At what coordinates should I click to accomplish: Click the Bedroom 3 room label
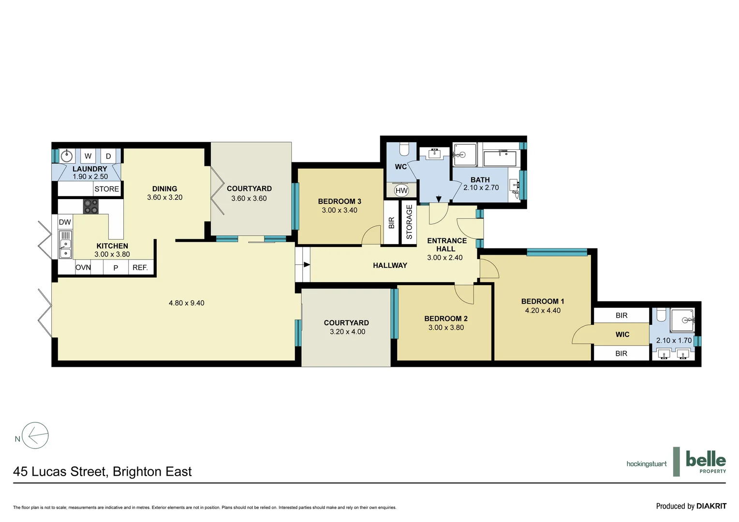point(340,202)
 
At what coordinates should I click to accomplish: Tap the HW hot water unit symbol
point(401,190)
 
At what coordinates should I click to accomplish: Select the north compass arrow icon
point(36,436)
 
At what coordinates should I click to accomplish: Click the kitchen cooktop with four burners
point(90,206)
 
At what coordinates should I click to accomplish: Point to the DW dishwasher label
point(65,222)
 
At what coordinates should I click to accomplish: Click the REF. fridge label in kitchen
point(140,267)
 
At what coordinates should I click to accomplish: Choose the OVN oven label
point(83,267)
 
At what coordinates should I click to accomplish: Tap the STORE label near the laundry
point(106,189)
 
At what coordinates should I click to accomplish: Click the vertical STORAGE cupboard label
point(409,222)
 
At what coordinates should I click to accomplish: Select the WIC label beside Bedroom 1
point(622,334)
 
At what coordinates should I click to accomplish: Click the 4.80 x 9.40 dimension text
point(186,303)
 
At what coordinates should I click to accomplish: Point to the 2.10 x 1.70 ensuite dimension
point(674,340)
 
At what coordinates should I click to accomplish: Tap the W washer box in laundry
point(88,156)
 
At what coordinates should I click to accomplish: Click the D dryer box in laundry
point(108,156)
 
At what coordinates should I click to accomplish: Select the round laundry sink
point(66,156)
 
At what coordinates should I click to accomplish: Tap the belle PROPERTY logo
point(706,462)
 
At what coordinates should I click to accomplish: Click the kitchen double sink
point(65,245)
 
